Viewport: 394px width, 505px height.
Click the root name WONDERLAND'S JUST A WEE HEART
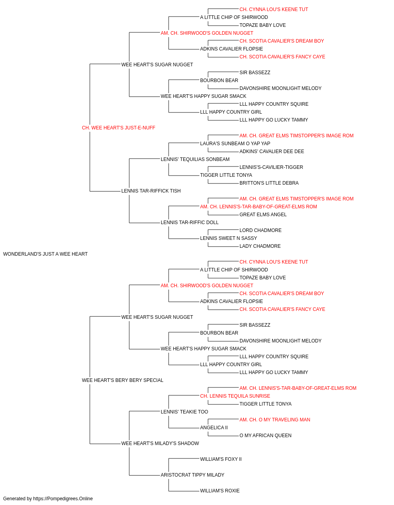tap(45, 254)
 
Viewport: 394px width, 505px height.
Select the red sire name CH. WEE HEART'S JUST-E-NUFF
tap(119, 128)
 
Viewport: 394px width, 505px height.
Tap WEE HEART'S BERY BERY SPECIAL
tap(123, 380)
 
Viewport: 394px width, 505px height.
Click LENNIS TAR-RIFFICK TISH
tap(151, 191)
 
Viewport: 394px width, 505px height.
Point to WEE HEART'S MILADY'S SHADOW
tap(160, 443)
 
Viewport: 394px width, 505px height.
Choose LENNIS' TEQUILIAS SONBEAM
tap(195, 159)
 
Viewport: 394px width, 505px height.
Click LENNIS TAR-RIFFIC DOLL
tap(190, 223)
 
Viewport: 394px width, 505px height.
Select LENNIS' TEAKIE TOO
tap(184, 412)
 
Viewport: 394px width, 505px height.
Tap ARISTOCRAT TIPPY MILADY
tap(193, 475)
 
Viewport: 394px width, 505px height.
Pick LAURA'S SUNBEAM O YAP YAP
tap(235, 143)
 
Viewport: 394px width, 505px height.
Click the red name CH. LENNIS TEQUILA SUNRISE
tap(235, 396)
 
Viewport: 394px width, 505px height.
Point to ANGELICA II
tap(214, 428)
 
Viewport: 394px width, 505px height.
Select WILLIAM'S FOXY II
tap(221, 459)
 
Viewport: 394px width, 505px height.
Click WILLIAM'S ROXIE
tap(220, 490)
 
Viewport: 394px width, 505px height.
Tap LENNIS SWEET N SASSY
tap(229, 238)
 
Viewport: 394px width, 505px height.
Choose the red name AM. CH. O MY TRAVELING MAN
tap(275, 420)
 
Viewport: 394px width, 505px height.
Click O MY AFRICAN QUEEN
tap(266, 436)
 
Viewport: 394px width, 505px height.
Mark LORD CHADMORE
tap(260, 230)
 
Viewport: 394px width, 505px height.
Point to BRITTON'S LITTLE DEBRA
tap(269, 183)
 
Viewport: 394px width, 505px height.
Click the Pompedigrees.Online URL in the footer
tap(63, 499)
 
